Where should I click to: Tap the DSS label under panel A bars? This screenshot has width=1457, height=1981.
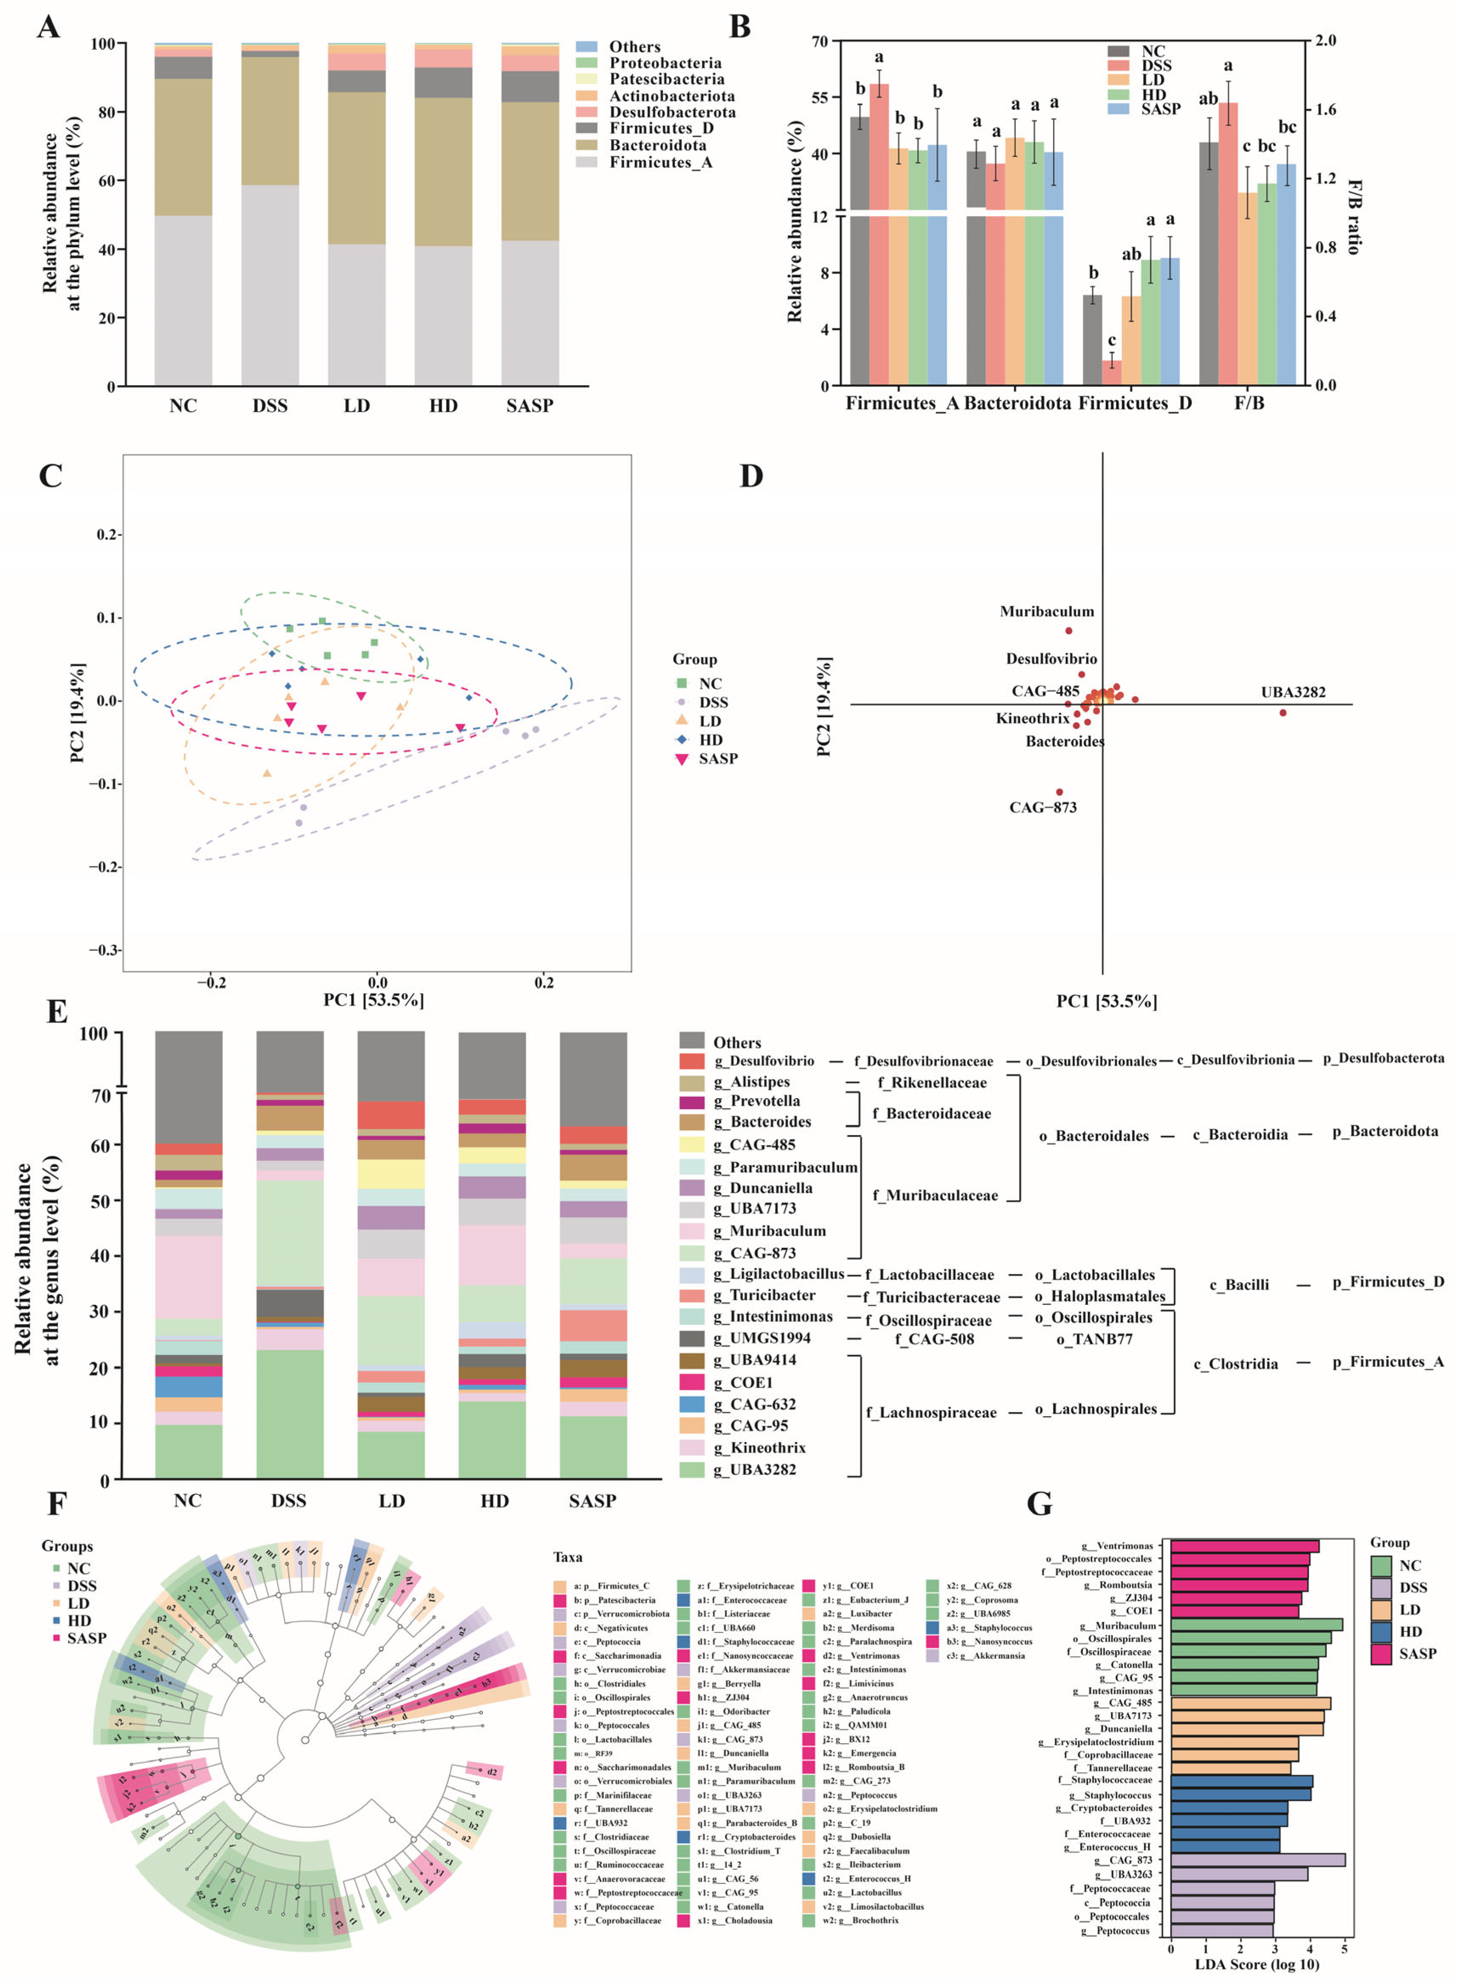[x=270, y=406]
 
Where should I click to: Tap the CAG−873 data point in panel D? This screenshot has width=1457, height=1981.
[x=1059, y=792]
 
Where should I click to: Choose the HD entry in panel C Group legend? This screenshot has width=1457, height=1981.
[x=710, y=740]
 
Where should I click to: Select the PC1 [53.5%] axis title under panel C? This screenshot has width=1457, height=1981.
[x=373, y=999]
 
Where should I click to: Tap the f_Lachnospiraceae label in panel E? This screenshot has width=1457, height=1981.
[x=930, y=1412]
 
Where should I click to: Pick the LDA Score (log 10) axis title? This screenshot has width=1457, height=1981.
[x=1257, y=1963]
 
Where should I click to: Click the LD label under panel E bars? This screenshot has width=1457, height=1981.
[x=392, y=1501]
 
